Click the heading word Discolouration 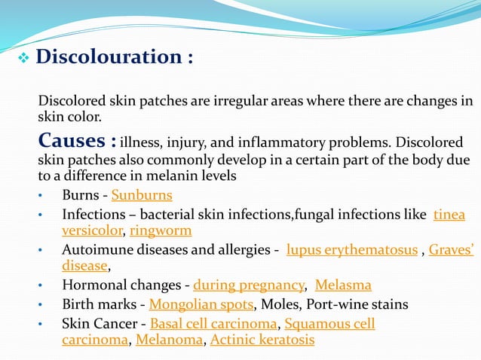point(106,57)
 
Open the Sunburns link point(142,196)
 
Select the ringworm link point(161,230)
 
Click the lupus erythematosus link point(352,250)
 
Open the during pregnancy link point(249,285)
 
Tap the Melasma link point(343,285)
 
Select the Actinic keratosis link point(262,340)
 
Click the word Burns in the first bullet point(80,196)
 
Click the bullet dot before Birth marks point(42,305)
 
